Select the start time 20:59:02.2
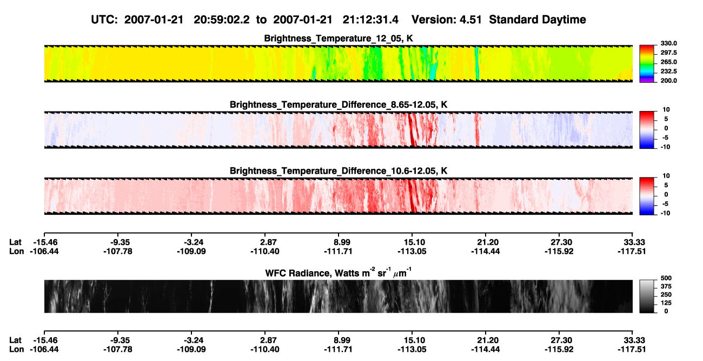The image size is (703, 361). click(x=222, y=20)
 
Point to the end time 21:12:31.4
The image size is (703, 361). click(x=370, y=20)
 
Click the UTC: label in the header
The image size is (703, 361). click(x=104, y=20)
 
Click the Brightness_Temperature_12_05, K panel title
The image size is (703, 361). click(x=339, y=38)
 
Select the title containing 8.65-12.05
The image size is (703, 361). click(x=339, y=104)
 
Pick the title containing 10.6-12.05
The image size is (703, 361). click(x=339, y=171)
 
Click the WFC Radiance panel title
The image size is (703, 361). click(x=339, y=273)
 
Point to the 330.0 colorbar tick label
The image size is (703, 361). click(x=668, y=43)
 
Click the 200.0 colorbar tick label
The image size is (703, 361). click(x=668, y=81)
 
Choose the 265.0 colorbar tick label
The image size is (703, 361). click(x=668, y=62)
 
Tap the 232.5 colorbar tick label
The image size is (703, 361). click(x=668, y=71)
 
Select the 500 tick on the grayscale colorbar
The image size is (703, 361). click(x=666, y=278)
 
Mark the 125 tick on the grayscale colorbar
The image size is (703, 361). click(x=666, y=303)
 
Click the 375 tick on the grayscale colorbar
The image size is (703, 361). click(x=666, y=286)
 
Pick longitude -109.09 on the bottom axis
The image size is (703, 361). click(x=191, y=350)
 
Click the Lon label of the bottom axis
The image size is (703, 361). click(x=16, y=350)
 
